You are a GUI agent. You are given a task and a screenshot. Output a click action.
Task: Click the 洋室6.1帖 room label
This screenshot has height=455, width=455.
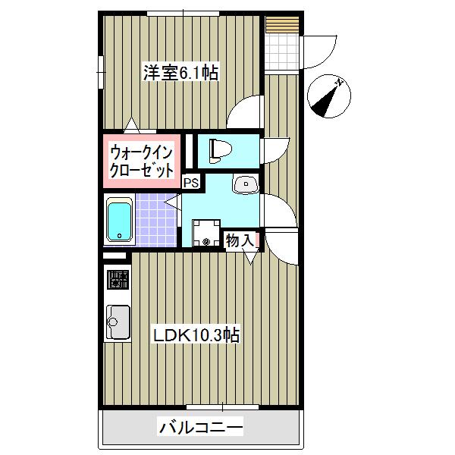[181, 74]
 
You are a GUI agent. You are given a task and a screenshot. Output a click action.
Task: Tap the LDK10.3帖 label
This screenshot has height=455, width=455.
[197, 334]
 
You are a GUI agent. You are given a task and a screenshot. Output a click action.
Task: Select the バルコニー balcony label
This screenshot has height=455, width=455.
[201, 428]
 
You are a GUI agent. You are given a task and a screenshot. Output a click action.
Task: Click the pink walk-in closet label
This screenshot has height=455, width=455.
[142, 158]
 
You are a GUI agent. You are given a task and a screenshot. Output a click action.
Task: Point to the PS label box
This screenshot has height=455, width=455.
[191, 182]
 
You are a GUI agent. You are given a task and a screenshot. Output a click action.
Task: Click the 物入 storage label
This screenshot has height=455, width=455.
[239, 240]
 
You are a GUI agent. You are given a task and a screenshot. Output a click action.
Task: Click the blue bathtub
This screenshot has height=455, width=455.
[119, 219]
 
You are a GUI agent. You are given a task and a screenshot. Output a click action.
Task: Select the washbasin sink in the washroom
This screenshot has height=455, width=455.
[245, 184]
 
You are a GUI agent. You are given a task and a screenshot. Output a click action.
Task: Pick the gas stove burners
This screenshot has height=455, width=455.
[118, 279]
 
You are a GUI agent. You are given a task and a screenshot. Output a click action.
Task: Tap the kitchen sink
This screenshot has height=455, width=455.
[118, 323]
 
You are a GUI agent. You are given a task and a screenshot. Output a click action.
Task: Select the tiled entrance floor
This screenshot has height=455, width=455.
[283, 52]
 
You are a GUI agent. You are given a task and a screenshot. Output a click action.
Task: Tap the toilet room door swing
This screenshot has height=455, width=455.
[277, 148]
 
